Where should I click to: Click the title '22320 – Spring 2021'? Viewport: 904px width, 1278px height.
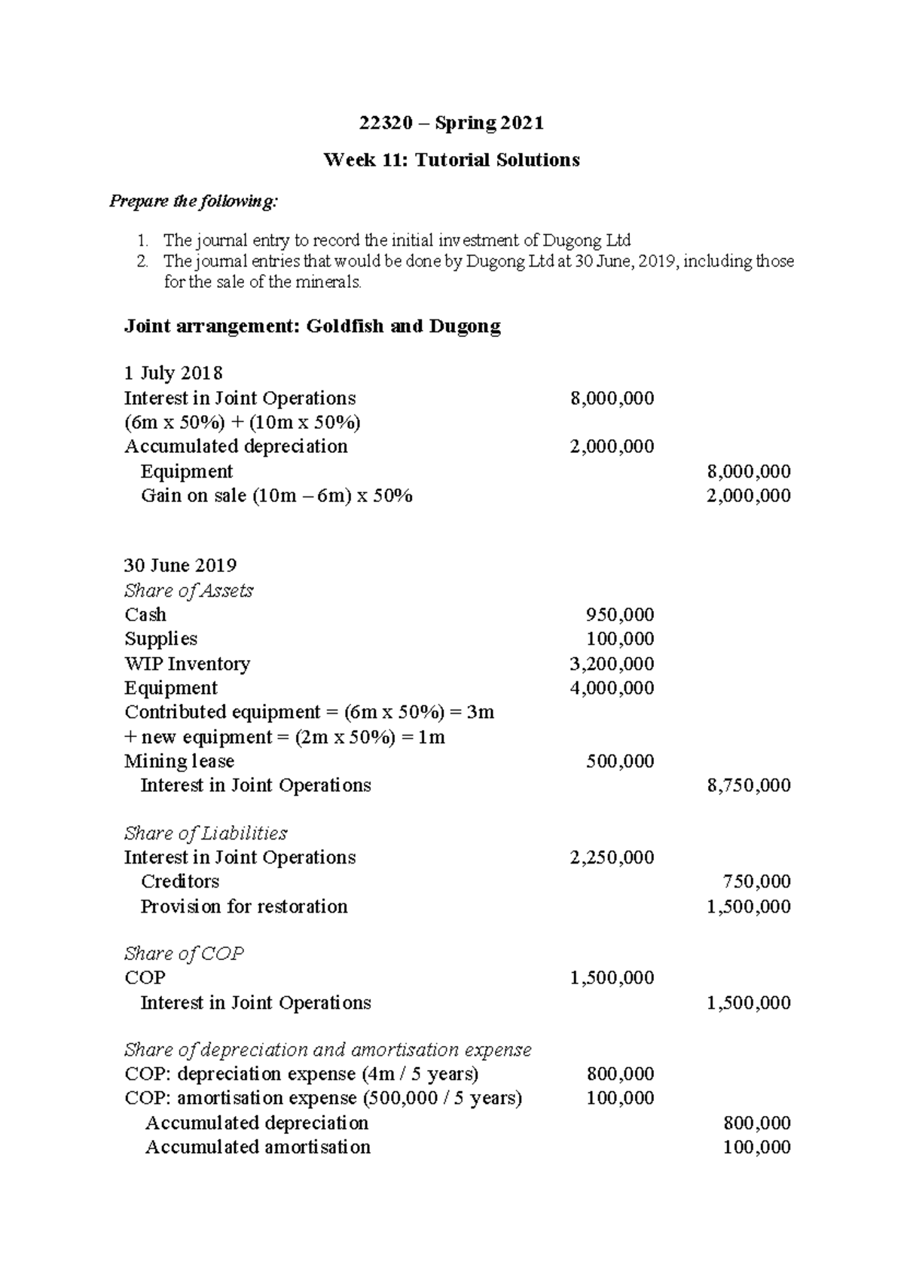(451, 123)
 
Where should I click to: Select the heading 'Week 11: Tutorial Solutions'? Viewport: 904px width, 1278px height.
(451, 160)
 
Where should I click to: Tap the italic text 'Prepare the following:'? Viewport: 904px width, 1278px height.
(194, 201)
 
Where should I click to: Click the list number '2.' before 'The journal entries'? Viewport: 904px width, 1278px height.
(142, 261)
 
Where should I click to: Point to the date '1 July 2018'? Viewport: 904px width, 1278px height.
(173, 373)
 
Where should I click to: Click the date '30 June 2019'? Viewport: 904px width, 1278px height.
(180, 565)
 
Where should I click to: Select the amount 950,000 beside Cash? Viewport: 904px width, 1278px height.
(620, 615)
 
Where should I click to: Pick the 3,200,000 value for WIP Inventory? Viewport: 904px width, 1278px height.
(612, 664)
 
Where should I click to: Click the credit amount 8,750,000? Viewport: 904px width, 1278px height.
(749, 785)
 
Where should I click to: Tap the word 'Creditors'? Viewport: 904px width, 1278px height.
(180, 882)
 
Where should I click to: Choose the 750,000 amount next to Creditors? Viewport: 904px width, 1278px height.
(756, 882)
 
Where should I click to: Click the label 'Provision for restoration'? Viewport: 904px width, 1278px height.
(244, 907)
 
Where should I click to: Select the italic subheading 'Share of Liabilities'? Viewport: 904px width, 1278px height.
(206, 833)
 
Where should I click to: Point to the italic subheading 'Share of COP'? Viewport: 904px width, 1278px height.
(184, 954)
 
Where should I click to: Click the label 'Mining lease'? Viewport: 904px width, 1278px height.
(179, 761)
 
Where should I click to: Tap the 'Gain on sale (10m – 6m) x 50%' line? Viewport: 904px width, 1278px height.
(276, 496)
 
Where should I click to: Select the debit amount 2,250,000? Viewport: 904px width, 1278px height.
(612, 858)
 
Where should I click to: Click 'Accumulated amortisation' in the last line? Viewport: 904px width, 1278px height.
(258, 1148)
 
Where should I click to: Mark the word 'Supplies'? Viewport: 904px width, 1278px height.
(160, 639)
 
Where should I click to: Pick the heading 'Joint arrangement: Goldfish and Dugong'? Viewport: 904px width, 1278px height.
(312, 326)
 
